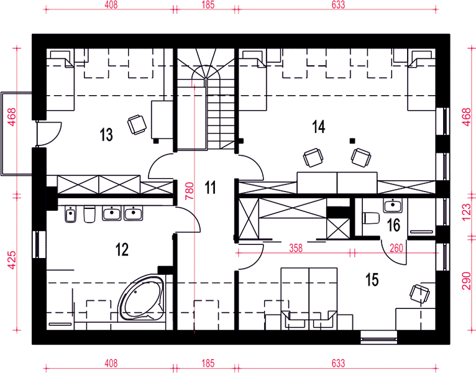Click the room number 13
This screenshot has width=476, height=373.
coord(106,134)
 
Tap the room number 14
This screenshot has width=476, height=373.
coord(318,127)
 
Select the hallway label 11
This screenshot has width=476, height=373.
coord(211,187)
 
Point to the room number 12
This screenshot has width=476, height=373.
coord(122,250)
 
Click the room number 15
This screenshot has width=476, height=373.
coord(372,280)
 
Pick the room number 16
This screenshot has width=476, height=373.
coord(394,226)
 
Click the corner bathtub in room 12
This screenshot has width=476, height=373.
coord(141,298)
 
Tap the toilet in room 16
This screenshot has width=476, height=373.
coord(370,218)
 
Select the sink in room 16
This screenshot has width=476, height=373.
coord(393,205)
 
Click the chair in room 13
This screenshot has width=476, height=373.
coord(137,124)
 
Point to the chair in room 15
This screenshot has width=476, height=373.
coord(419,293)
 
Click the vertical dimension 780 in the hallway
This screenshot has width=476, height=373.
coord(189,191)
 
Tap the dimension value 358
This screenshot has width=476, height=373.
coord(296,248)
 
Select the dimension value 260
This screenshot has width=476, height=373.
coord(396,248)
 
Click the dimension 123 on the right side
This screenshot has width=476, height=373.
coord(466,213)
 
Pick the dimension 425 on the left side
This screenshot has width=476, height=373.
coord(12,260)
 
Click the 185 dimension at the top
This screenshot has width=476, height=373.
coord(208,4)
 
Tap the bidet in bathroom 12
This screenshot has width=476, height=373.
coord(70,214)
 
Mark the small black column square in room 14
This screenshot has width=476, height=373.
coord(352,140)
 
